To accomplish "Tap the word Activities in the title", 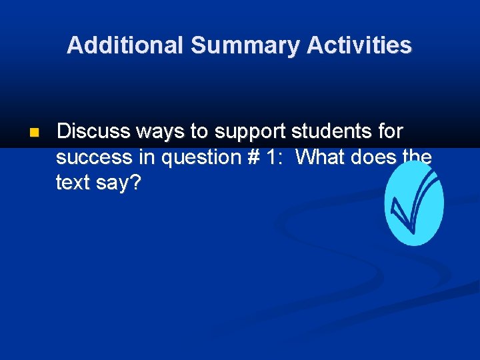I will [359, 45].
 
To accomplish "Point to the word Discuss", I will [93, 132].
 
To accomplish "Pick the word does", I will [374, 157].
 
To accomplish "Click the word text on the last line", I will [73, 183].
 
